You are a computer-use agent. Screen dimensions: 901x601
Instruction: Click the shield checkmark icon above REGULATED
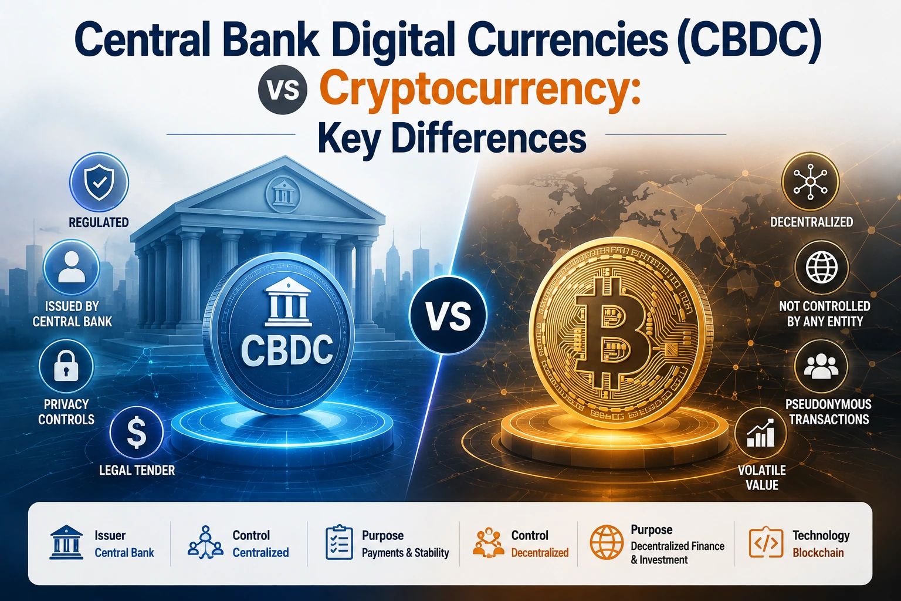pos(99,183)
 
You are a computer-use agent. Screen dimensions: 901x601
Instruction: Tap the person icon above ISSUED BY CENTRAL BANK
pos(72,267)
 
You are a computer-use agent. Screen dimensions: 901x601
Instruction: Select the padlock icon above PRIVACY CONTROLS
pos(66,366)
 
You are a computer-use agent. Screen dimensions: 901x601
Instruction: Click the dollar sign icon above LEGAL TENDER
pos(136,433)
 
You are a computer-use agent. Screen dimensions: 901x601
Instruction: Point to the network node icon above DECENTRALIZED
pos(810,182)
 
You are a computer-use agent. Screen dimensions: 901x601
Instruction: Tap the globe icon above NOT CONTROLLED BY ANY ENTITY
pos(821,268)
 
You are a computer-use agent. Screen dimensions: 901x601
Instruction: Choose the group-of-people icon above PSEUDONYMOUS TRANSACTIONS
pos(821,366)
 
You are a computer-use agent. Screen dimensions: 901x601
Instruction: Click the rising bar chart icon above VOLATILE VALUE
pos(761,434)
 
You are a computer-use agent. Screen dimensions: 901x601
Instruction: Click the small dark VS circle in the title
pos(283,90)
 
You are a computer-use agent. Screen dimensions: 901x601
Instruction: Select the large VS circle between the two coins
pos(448,315)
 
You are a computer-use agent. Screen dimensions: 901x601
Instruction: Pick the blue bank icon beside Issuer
pos(66,542)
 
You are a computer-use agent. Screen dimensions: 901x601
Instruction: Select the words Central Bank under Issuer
pos(124,553)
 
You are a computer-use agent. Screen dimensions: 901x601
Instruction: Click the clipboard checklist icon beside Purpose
pos(339,542)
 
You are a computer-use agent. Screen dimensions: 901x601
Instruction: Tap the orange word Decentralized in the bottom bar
pos(540,553)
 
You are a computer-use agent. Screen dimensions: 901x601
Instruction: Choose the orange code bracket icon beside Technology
pos(766,542)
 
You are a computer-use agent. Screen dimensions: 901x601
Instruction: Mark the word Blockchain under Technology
pos(818,553)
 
